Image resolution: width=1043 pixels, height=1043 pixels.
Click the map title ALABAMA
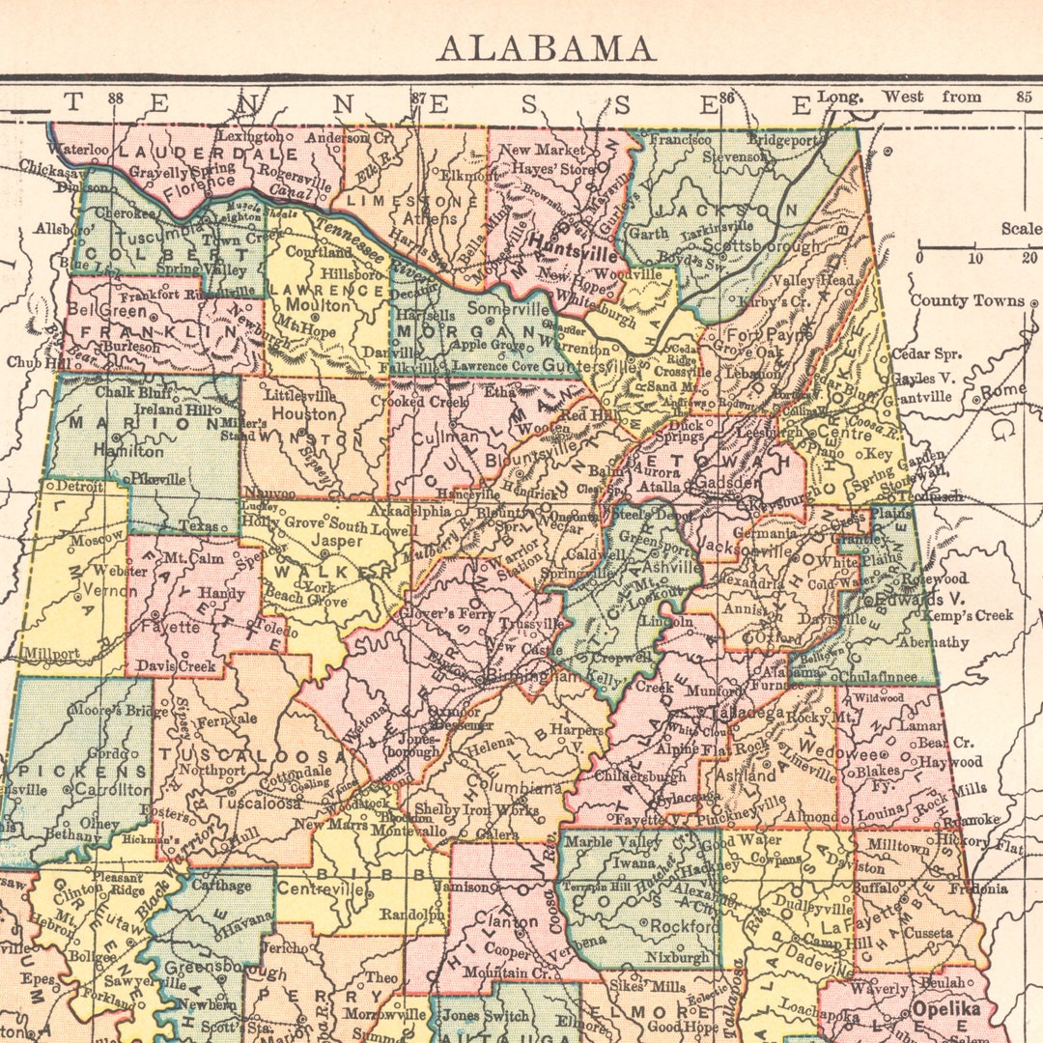click(x=546, y=47)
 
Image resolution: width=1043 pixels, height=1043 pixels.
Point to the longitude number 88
click(x=116, y=98)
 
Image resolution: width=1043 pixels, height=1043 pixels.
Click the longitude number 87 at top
click(x=418, y=98)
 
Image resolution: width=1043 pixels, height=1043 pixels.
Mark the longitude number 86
click(x=726, y=98)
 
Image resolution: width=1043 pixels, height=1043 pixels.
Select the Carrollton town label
click(x=113, y=789)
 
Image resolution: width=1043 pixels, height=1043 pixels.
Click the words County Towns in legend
click(x=968, y=300)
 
